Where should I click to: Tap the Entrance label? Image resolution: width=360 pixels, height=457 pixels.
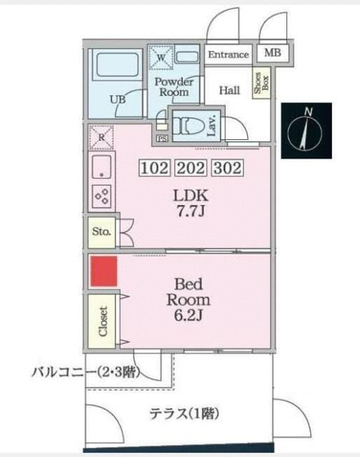click(x=229, y=55)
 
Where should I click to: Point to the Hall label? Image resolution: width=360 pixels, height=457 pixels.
click(x=229, y=90)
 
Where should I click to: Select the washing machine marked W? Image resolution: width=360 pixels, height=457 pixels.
click(x=161, y=57)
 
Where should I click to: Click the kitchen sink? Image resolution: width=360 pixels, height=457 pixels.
click(x=102, y=167)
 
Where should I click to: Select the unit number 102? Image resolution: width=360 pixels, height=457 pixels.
click(x=154, y=169)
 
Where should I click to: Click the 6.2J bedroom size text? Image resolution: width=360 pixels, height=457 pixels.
click(x=188, y=316)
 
